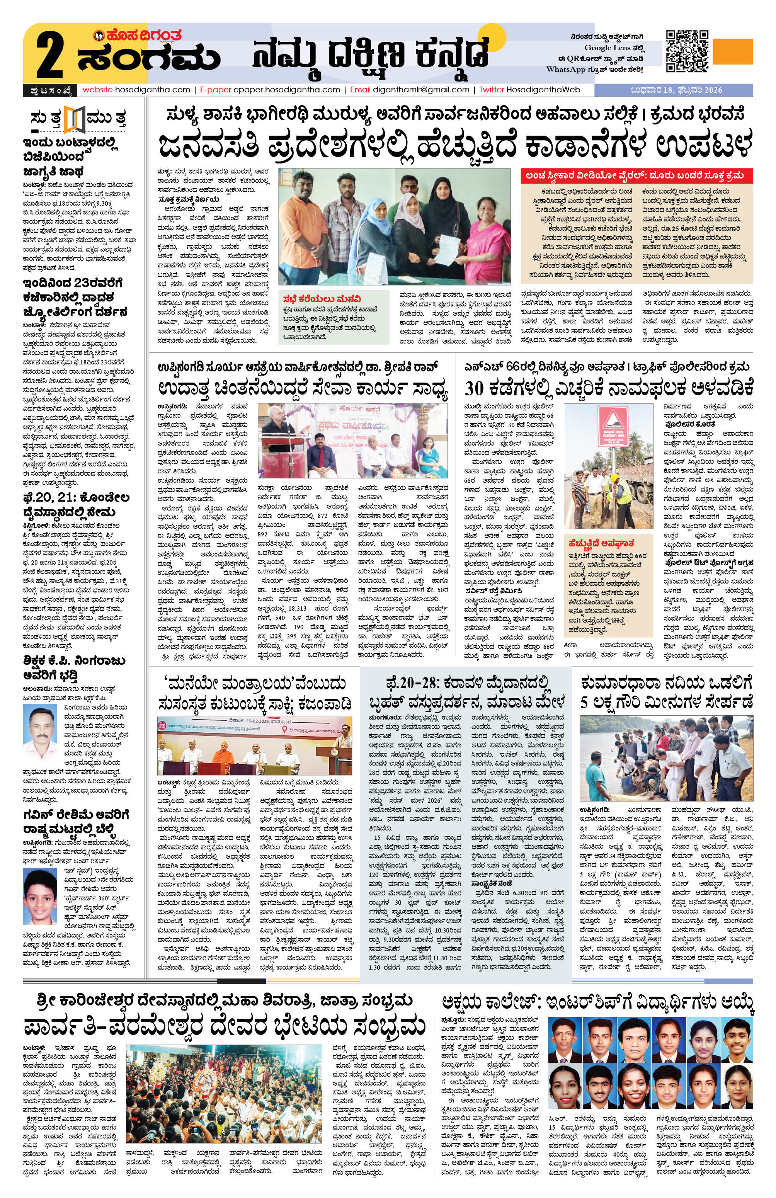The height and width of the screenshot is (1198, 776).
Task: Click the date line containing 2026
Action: [x=673, y=90]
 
